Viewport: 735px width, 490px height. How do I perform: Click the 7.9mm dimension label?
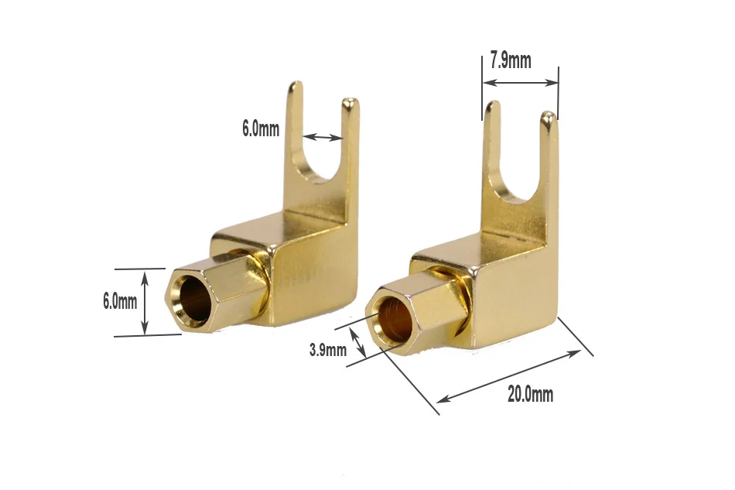(511, 61)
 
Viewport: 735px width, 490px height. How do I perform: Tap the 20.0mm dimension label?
(530, 394)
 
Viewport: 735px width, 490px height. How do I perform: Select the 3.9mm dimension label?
(328, 349)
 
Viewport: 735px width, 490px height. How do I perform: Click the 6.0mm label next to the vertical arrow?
(120, 301)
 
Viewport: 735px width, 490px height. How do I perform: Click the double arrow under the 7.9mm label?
(521, 83)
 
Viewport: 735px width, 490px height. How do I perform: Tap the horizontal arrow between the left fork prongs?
(323, 137)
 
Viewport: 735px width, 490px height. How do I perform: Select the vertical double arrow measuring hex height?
(145, 303)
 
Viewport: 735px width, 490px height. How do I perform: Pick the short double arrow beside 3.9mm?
(358, 342)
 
